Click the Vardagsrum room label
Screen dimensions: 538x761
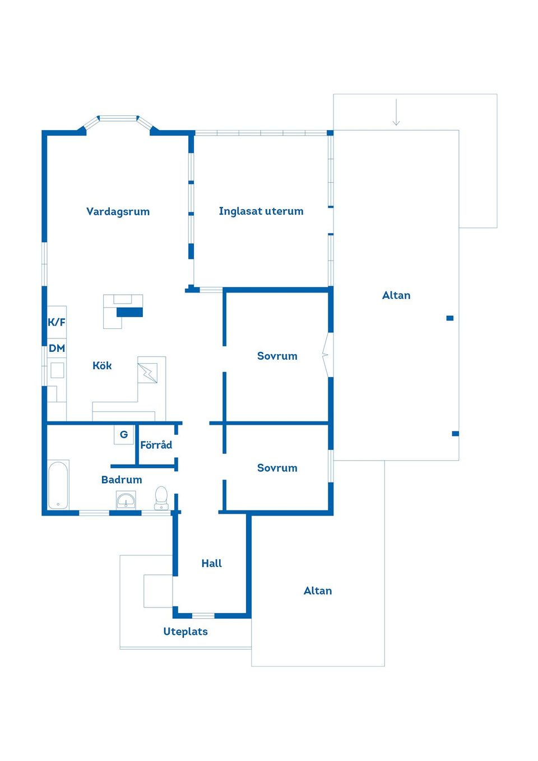click(118, 212)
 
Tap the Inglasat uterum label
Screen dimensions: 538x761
click(261, 211)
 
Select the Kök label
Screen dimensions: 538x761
click(102, 365)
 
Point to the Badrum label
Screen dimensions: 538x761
click(122, 479)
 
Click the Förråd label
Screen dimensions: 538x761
click(156, 444)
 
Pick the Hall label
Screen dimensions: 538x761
click(211, 563)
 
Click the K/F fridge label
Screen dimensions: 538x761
click(57, 322)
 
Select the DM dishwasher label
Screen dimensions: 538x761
click(57, 348)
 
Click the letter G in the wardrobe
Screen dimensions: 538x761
click(124, 434)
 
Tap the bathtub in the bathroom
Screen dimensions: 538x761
click(58, 485)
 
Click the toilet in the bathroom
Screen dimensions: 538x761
click(161, 498)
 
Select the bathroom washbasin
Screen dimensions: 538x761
click(126, 500)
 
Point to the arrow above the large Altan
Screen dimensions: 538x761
click(396, 112)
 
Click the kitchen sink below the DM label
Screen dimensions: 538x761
click(57, 370)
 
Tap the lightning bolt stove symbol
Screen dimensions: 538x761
click(148, 373)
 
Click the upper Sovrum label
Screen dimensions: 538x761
click(277, 356)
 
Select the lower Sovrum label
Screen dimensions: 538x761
click(277, 468)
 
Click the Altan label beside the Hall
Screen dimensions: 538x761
click(318, 591)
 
